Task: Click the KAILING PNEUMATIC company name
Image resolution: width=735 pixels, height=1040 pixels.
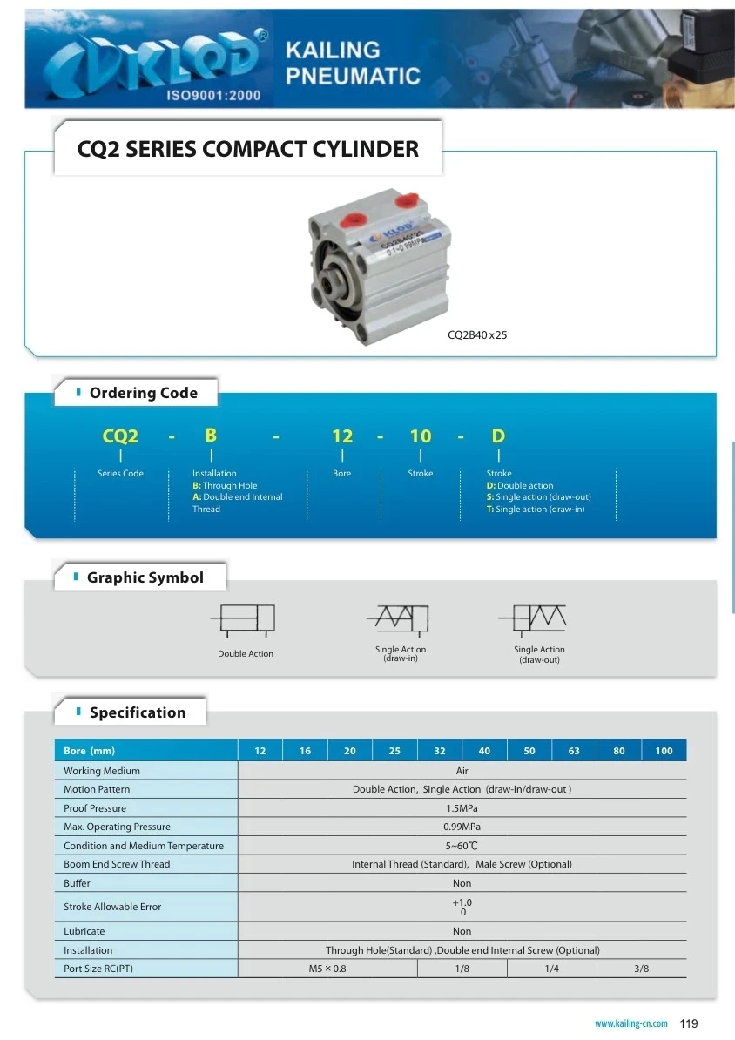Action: coord(352,63)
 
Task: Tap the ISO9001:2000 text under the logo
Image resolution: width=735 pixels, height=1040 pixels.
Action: coord(213,95)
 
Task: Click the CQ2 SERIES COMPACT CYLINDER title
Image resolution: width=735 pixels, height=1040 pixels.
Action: coord(248,149)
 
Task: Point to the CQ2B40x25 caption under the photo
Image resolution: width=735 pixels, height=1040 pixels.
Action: coord(477,334)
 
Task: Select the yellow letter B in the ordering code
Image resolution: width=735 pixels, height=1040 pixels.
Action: coord(211,435)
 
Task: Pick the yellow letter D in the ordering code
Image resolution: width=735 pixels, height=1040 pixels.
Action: coord(498,436)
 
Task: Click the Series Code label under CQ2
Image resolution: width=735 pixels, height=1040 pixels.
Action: coord(120,474)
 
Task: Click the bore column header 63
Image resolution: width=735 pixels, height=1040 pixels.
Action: coord(574,751)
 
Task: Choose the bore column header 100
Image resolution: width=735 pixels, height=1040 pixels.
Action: coord(664,751)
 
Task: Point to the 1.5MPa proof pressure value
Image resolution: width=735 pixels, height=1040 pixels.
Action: coord(462,808)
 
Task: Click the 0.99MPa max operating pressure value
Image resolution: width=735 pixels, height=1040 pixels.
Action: coord(462,827)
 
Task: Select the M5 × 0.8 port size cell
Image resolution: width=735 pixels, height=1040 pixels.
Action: coord(327,969)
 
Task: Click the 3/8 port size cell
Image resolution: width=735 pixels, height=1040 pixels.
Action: coord(642,969)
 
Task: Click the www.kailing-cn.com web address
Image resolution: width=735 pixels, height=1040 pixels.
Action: coord(631,1023)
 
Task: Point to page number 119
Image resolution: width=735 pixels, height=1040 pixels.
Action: coord(689,1023)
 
